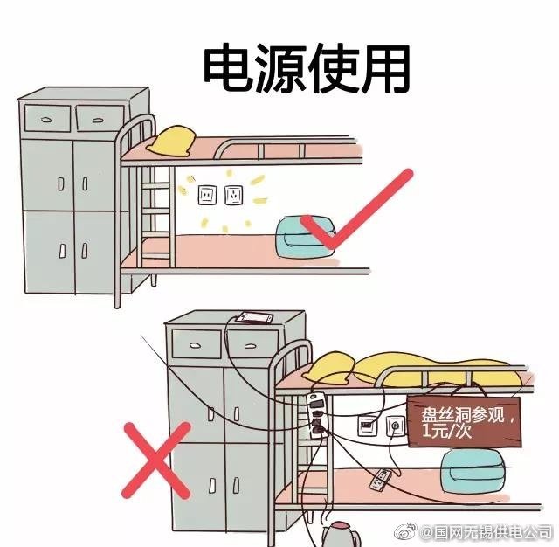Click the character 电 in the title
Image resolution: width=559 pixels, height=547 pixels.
pyautogui.click(x=229, y=68)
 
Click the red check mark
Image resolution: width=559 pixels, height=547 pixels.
pyautogui.click(x=357, y=210)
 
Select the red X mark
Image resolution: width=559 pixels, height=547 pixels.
pyautogui.click(x=155, y=460)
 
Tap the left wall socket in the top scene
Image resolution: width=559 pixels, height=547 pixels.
pyautogui.click(x=208, y=196)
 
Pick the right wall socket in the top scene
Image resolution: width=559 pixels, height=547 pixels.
pyautogui.click(x=234, y=195)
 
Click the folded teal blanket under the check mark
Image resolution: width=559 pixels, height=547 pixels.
pyautogui.click(x=306, y=237)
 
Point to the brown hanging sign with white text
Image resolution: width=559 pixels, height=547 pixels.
pyautogui.click(x=464, y=422)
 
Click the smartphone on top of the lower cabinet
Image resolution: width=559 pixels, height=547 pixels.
pyautogui.click(x=255, y=318)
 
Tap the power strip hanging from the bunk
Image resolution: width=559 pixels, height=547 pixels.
pyautogui.click(x=316, y=415)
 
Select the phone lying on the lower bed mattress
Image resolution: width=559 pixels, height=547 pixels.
pyautogui.click(x=381, y=480)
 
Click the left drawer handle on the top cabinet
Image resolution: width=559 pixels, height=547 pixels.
pyautogui.click(x=46, y=120)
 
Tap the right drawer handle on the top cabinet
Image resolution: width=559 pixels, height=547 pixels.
pyautogui.click(x=99, y=121)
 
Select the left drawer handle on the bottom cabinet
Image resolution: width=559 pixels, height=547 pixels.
pyautogui.click(x=196, y=345)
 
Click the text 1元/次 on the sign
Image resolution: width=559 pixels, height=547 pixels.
pyautogui.click(x=446, y=431)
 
